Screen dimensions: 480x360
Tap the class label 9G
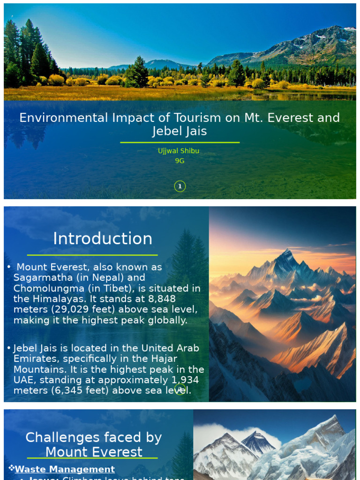[180, 161]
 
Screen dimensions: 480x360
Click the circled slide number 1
[180, 187]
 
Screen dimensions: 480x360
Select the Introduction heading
[103, 239]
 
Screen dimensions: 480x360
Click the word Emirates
[32, 359]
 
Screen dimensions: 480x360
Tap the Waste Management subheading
[65, 469]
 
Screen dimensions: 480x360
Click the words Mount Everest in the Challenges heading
[94, 452]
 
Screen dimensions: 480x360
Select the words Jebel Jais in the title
[180, 131]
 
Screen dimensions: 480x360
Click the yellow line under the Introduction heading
[92, 255]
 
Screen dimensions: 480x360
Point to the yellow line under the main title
[180, 142]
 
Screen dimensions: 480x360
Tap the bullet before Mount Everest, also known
[9, 267]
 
